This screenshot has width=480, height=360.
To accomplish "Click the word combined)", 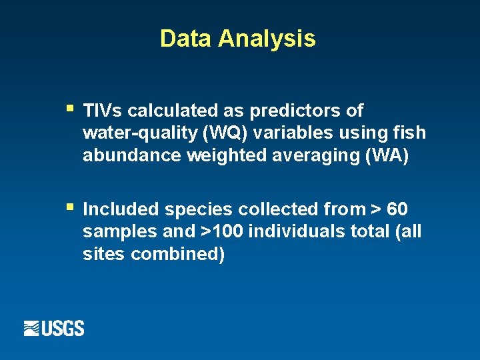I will coord(178,255).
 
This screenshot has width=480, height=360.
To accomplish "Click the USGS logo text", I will coord(63,329).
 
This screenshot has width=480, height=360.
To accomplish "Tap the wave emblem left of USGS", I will coord(32,329).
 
